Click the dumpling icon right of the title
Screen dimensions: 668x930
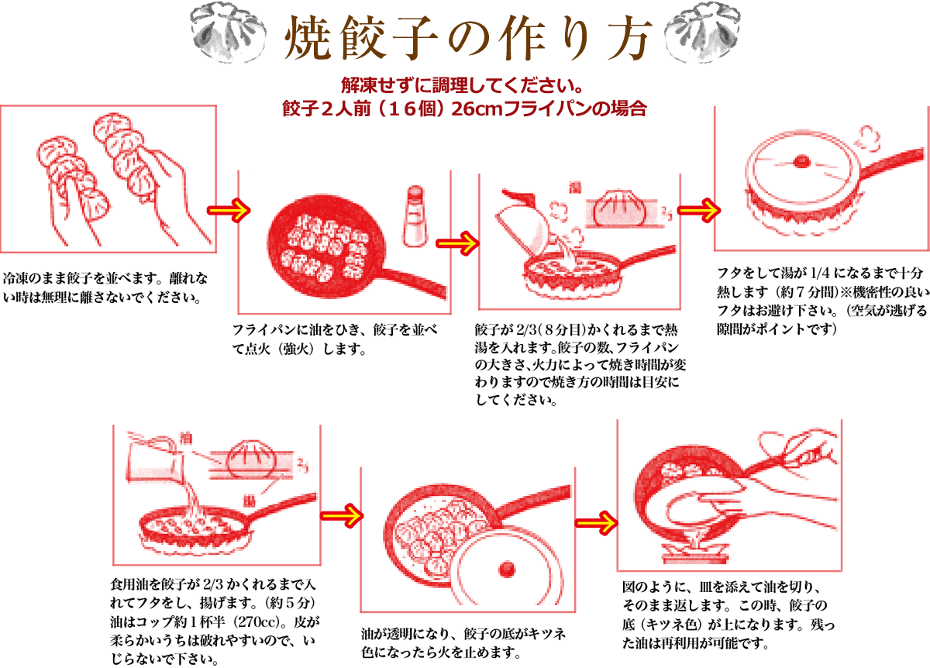point(702,32)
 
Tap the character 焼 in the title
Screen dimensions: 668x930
point(308,38)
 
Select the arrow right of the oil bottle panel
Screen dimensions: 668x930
point(457,243)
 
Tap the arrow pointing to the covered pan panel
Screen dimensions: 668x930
point(697,211)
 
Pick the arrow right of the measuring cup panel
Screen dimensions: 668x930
point(341,516)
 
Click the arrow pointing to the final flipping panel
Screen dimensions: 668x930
point(596,523)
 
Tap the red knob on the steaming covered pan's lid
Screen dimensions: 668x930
point(802,161)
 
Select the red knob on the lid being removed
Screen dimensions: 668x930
point(507,569)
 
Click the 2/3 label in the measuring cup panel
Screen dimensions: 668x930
point(303,464)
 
